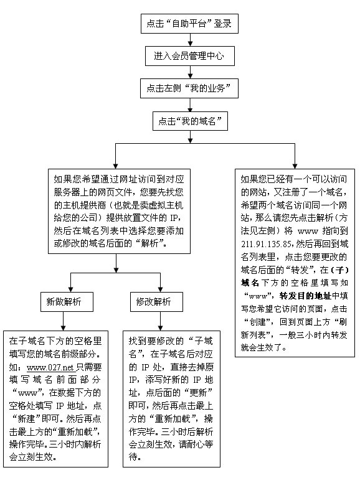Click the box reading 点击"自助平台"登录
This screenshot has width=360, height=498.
(x=189, y=24)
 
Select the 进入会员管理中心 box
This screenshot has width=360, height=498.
(x=190, y=56)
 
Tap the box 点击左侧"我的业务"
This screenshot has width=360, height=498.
(x=189, y=88)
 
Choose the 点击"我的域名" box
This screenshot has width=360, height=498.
(x=190, y=121)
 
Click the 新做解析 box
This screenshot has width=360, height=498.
(x=67, y=302)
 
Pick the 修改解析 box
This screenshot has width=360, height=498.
(x=157, y=302)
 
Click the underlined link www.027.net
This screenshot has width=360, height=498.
(x=51, y=367)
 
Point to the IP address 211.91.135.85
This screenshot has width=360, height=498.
(x=267, y=244)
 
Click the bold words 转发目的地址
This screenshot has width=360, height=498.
(x=305, y=296)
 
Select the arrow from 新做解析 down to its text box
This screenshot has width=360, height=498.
(x=64, y=321)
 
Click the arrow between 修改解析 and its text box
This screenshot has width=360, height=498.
(x=160, y=321)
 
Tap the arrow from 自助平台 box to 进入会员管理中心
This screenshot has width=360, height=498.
(x=190, y=40)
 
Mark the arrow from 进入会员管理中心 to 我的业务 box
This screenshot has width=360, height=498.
(x=190, y=72)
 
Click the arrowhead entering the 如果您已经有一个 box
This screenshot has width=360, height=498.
(x=295, y=166)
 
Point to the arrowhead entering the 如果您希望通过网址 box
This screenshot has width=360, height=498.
(x=115, y=166)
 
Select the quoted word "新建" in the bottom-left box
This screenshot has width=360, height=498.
(x=26, y=419)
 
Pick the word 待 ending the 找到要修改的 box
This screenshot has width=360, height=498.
(x=133, y=458)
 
